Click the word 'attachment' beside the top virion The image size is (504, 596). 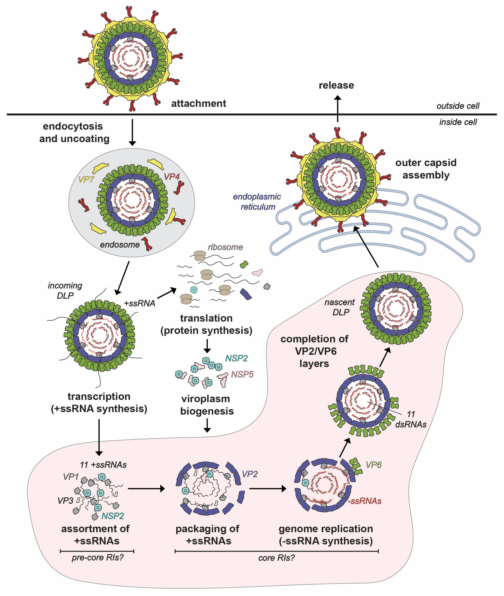199,103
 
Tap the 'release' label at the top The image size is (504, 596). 336,85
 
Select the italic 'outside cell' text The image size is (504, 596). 458,106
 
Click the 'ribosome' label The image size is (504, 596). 225,247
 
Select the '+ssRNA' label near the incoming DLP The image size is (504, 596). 139,303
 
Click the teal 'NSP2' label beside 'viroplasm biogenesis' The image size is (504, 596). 236,358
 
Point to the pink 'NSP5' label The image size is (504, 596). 242,374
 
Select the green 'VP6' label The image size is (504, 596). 373,465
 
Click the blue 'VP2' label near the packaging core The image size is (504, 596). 249,474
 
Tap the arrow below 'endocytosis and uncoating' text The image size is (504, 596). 132,132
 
